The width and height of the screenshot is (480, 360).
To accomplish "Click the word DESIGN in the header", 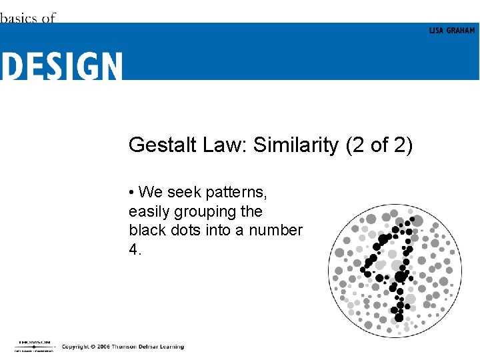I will point(61,67).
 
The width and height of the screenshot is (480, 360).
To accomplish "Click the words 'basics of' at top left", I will point(27,18).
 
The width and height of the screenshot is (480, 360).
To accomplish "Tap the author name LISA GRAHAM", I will point(451,31).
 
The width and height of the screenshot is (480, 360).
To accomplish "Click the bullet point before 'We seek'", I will point(132,193).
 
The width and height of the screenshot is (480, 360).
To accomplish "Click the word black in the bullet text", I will point(145,231).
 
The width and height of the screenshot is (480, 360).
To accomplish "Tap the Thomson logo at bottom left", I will point(33,345).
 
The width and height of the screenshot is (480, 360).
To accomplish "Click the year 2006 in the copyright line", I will point(102,347).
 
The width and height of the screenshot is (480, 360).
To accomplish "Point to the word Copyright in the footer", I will point(76,347).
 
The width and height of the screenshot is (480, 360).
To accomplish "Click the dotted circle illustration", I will point(395,269).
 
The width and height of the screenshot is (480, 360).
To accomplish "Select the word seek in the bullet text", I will point(180,193).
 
